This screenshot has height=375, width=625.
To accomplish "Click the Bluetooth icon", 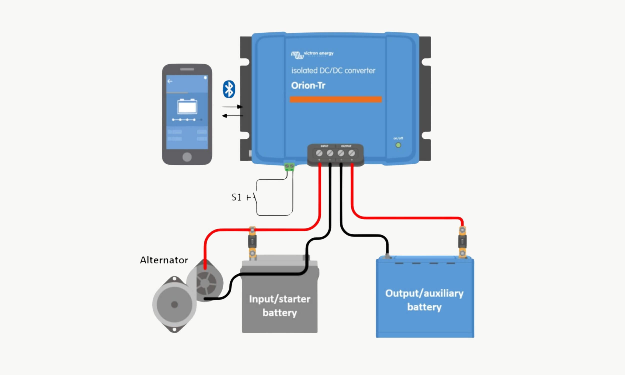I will point(229,89).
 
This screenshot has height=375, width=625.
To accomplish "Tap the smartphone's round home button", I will point(187,157).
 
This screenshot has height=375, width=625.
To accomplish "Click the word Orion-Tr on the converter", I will point(308,86).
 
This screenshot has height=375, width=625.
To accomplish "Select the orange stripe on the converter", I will point(335,99).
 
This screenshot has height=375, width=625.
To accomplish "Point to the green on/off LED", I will point(398,145).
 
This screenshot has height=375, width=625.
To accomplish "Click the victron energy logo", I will point(312,54).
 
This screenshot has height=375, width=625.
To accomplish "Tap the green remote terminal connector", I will point(289,167).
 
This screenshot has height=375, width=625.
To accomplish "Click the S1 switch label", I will point(236,197).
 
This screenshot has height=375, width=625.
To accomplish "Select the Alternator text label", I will point(164,260).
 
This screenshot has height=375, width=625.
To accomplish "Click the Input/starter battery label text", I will point(279,306).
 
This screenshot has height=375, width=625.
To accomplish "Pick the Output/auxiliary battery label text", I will point(424,300).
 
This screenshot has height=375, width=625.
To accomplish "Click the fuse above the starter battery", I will point(252,242).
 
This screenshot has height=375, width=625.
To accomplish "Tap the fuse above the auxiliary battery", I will point(462,241).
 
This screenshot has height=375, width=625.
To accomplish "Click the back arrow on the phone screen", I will point(170,81).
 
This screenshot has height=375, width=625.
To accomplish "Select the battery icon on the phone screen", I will point(187,106).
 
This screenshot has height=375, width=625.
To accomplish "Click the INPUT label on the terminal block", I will point(324,146).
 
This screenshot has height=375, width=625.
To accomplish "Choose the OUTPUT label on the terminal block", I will point(346,146).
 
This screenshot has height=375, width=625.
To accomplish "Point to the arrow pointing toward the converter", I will point(232,107).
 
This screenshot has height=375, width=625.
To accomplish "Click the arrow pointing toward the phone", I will point(232,116).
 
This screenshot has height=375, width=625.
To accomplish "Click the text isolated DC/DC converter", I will point(333,70).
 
